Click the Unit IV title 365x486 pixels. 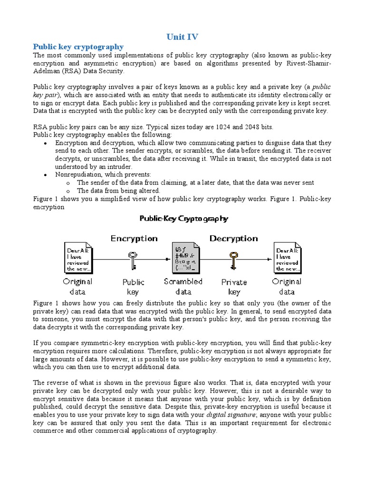(x=182, y=36)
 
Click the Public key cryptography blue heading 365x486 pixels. (x=78, y=47)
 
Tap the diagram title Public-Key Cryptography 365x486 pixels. (x=183, y=219)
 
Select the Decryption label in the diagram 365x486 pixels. (x=233, y=238)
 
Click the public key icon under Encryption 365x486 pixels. (x=133, y=259)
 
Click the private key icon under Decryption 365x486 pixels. (x=233, y=259)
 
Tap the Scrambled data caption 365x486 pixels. (x=183, y=286)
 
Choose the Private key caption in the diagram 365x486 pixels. (x=234, y=287)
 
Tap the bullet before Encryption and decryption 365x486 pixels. (x=45, y=143)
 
